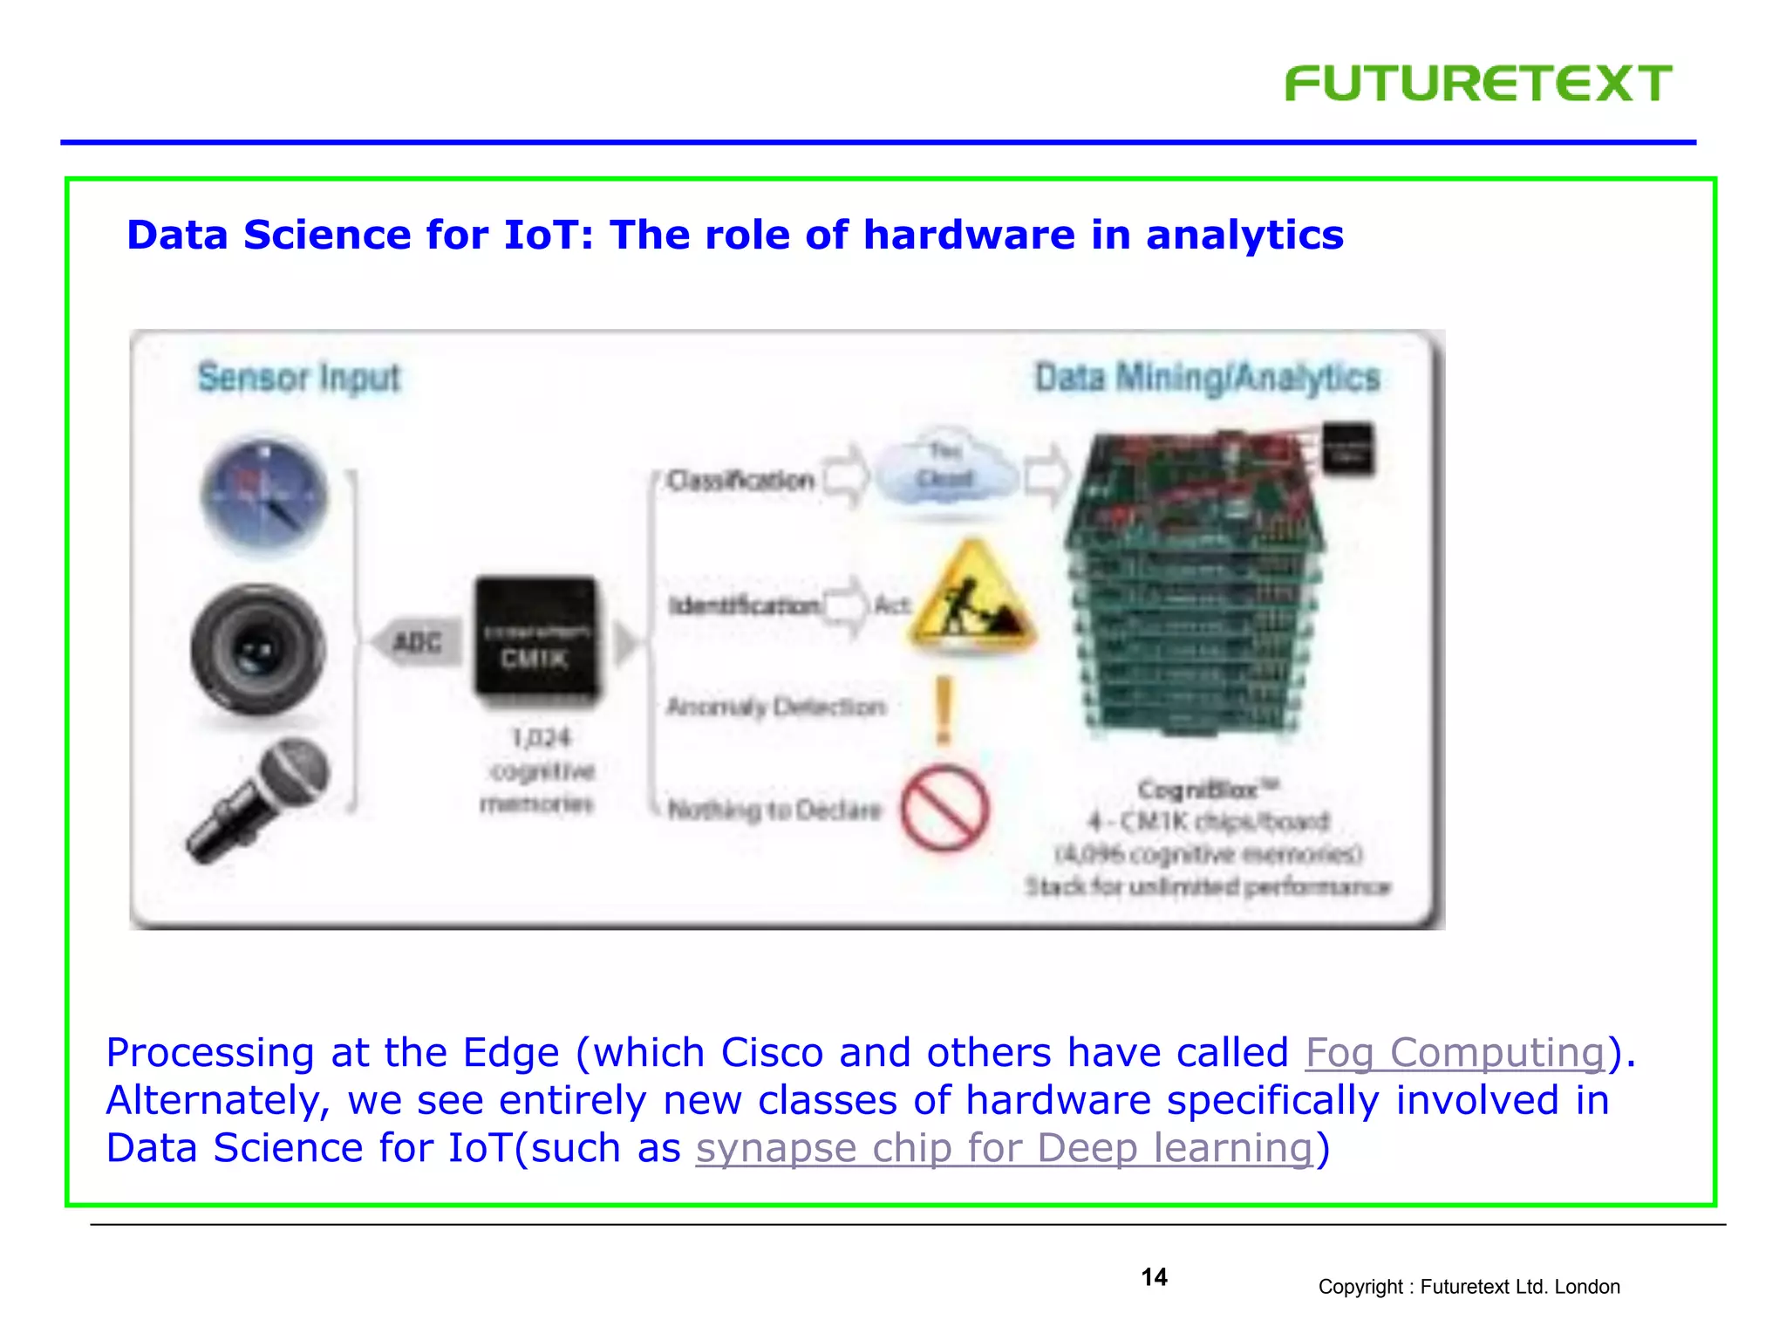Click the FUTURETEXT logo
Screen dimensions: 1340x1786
click(1477, 84)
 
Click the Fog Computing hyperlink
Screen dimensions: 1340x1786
click(1455, 1053)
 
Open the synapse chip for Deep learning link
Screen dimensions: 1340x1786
click(1004, 1148)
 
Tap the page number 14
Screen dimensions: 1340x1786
click(1154, 1277)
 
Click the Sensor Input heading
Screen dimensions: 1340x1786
click(298, 378)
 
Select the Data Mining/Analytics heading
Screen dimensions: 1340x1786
click(1207, 378)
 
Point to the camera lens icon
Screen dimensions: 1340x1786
click(257, 650)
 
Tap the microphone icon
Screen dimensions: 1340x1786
click(259, 799)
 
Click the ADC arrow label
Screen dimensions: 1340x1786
click(417, 644)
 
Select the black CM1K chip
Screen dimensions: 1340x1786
click(535, 639)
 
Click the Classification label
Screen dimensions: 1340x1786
click(740, 481)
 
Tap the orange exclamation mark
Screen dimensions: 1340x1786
click(944, 709)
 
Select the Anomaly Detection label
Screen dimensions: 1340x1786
click(775, 707)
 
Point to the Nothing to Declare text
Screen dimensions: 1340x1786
click(774, 810)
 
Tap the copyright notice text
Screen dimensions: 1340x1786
click(1469, 1287)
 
